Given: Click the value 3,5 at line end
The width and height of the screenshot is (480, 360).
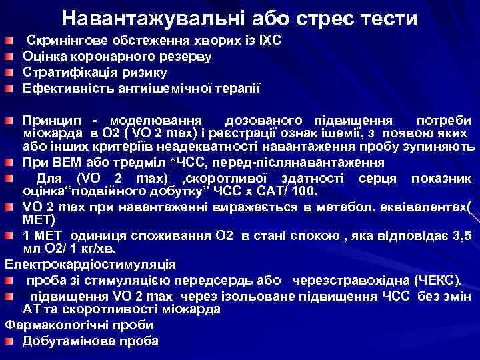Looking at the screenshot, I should click(x=464, y=235).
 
